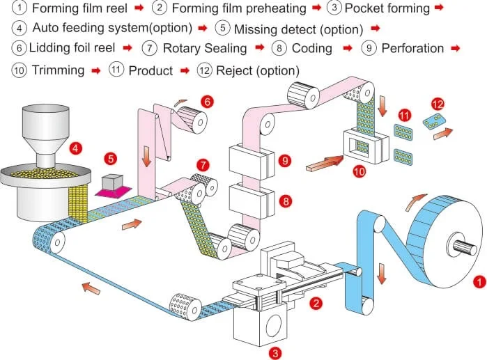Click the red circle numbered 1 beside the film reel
479,282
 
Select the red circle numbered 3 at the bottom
277,353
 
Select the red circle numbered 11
405,114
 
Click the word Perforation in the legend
412,48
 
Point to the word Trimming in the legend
58,70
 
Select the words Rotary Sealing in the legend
204,48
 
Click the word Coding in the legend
311,48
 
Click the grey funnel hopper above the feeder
47,129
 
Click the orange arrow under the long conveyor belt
87,285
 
